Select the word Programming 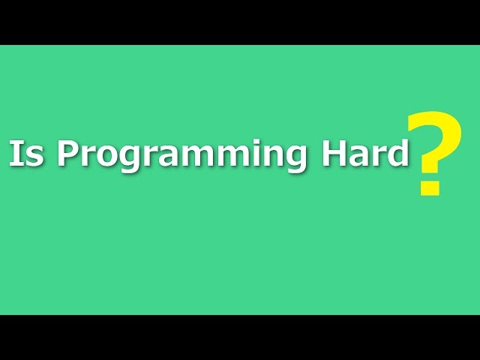tap(181, 155)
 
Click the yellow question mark tap(433, 154)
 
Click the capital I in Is tap(14, 154)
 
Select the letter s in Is tap(34, 157)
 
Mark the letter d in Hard tap(397, 154)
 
